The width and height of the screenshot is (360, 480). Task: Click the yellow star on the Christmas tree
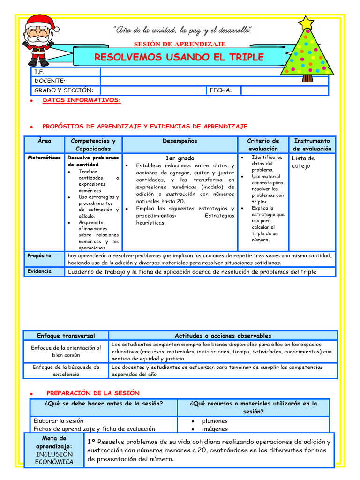click(306, 22)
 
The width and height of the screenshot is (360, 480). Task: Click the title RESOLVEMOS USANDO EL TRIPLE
click(179, 57)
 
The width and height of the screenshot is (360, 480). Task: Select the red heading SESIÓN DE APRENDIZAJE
click(180, 44)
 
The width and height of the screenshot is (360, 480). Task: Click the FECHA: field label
click(220, 90)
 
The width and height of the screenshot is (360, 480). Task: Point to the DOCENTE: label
click(50, 81)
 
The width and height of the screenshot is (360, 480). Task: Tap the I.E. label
click(39, 72)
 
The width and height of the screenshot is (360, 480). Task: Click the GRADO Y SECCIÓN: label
click(64, 90)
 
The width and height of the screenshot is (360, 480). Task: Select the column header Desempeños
click(180, 141)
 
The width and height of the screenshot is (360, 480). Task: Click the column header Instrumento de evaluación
click(312, 144)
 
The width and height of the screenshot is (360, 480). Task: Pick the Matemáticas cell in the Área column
click(44, 158)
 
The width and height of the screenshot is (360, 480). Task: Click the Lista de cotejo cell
click(303, 162)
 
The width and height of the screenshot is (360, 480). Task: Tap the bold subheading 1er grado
click(180, 158)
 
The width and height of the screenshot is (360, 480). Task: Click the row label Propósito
click(39, 255)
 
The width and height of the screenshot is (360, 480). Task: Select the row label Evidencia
click(39, 271)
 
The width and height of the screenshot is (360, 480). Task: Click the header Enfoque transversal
click(66, 336)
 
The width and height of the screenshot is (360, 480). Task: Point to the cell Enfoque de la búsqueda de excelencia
click(66, 370)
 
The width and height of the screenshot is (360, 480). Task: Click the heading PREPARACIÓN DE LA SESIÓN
click(93, 393)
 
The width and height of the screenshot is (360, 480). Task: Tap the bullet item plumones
click(215, 421)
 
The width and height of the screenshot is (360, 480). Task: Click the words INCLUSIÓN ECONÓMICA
click(54, 458)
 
